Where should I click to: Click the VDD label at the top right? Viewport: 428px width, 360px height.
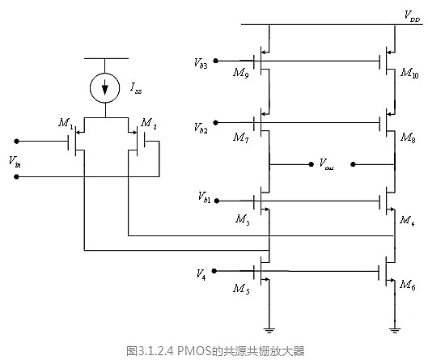[411, 15]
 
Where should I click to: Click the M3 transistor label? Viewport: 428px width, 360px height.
[241, 218]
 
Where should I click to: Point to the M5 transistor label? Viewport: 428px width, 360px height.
[241, 288]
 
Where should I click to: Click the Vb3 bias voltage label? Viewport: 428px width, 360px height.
[201, 61]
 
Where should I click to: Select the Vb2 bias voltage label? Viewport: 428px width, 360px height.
[201, 128]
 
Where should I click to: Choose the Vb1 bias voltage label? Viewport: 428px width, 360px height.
[203, 197]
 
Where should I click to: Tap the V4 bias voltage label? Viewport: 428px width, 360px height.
[202, 274]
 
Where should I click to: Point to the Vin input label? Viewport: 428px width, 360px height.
[15, 160]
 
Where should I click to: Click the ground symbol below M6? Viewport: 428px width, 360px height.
[393, 328]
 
